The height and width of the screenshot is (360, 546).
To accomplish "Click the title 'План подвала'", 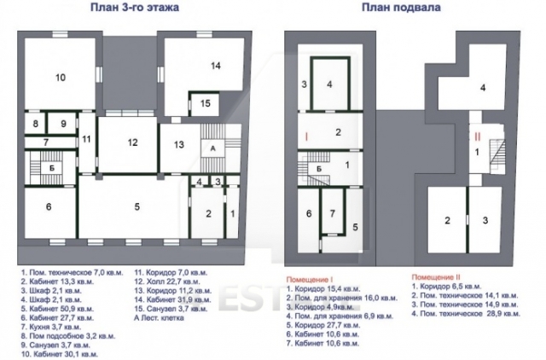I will [x=392, y=9].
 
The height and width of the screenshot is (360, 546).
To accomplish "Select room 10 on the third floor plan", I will [x=60, y=78].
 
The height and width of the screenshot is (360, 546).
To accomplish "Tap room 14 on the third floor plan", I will [x=216, y=66].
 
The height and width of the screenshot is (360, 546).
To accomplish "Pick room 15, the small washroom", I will [x=205, y=103].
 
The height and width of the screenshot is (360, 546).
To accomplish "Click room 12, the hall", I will [x=132, y=142].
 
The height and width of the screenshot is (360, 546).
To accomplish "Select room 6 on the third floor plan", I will [x=49, y=206].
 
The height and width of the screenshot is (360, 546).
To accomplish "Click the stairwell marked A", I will [x=210, y=147].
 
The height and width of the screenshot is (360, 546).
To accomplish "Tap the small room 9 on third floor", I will [x=62, y=124].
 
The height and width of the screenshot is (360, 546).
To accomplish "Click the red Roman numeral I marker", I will [x=305, y=136].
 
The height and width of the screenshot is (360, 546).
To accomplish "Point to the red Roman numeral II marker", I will [x=479, y=135].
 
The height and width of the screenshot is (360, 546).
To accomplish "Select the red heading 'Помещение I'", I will [x=308, y=279].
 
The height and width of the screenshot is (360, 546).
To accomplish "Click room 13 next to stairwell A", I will [x=180, y=144].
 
